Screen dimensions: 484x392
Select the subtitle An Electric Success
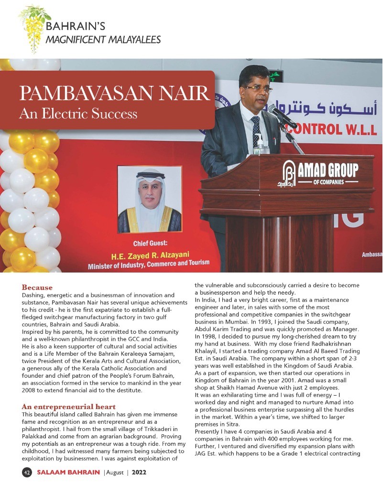click(x=78, y=114)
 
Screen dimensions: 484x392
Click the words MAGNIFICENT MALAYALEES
click(x=103, y=40)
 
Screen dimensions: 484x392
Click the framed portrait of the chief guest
click(x=149, y=200)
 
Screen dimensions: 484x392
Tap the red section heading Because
click(x=37, y=288)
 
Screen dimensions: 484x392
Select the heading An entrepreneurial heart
click(x=69, y=407)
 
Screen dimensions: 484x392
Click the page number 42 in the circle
click(x=27, y=472)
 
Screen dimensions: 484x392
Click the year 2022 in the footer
click(x=139, y=472)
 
